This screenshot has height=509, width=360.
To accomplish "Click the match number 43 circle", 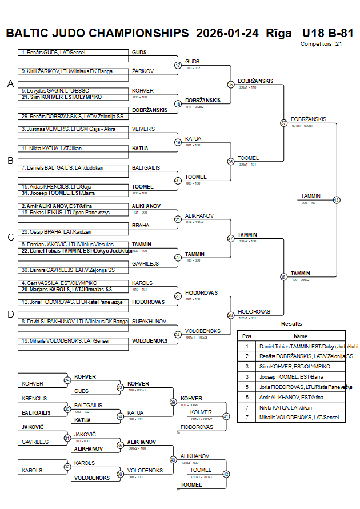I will point(337,200).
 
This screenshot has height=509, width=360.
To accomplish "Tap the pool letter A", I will point(10,84).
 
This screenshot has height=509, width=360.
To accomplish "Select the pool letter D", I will point(10,314).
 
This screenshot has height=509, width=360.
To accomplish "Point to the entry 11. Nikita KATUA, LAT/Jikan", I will point(49,149).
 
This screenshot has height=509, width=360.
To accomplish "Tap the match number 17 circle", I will point(178,65).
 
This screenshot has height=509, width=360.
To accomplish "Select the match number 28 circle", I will point(231,315).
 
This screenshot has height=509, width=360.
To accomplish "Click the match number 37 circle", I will point(283,123).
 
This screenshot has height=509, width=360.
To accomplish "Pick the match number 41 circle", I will point(226,416).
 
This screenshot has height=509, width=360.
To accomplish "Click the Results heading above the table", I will point(291,324).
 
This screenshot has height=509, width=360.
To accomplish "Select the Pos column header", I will point(247,336).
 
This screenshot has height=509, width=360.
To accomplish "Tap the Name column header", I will point(301,336).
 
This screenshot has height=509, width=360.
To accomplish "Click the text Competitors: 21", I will point(321,43).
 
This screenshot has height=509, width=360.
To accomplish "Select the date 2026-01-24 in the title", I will point(227,33).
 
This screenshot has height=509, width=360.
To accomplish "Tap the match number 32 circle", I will point(67,467).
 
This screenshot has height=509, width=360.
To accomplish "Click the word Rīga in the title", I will point(278,33).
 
